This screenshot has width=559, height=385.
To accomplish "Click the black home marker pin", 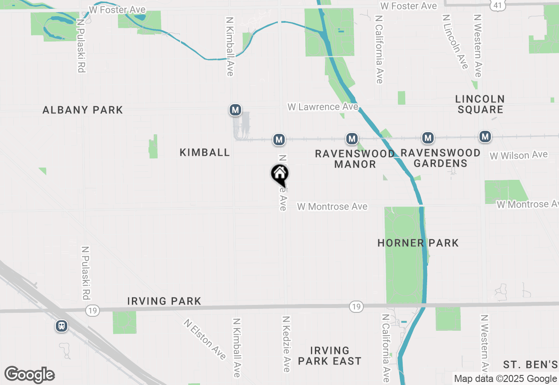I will (x=280, y=174).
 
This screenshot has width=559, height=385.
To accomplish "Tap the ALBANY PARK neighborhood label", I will (x=83, y=110).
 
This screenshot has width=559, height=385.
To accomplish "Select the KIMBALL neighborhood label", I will (x=205, y=152).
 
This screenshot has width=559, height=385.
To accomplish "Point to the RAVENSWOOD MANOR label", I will (x=355, y=159).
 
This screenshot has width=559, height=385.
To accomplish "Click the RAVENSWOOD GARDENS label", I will (x=440, y=158).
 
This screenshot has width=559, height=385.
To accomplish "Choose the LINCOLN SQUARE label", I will (x=480, y=104).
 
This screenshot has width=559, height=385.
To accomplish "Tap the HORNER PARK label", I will (x=418, y=243).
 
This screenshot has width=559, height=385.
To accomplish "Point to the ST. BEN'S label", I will (x=530, y=365).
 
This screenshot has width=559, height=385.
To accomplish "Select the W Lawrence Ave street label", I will (x=323, y=107).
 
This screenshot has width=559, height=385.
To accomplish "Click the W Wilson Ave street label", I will (x=518, y=155).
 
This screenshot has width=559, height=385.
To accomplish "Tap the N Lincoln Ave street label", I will (x=455, y=42).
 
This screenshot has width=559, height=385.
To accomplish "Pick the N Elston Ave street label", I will (x=205, y=339).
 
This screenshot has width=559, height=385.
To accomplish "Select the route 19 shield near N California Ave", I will (x=356, y=307).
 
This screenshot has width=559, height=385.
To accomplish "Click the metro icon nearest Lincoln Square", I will (x=485, y=137).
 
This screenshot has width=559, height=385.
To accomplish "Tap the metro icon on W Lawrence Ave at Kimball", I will (x=235, y=110).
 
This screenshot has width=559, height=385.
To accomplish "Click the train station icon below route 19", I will (x=62, y=326).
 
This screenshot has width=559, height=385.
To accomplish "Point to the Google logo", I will (x=29, y=374).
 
